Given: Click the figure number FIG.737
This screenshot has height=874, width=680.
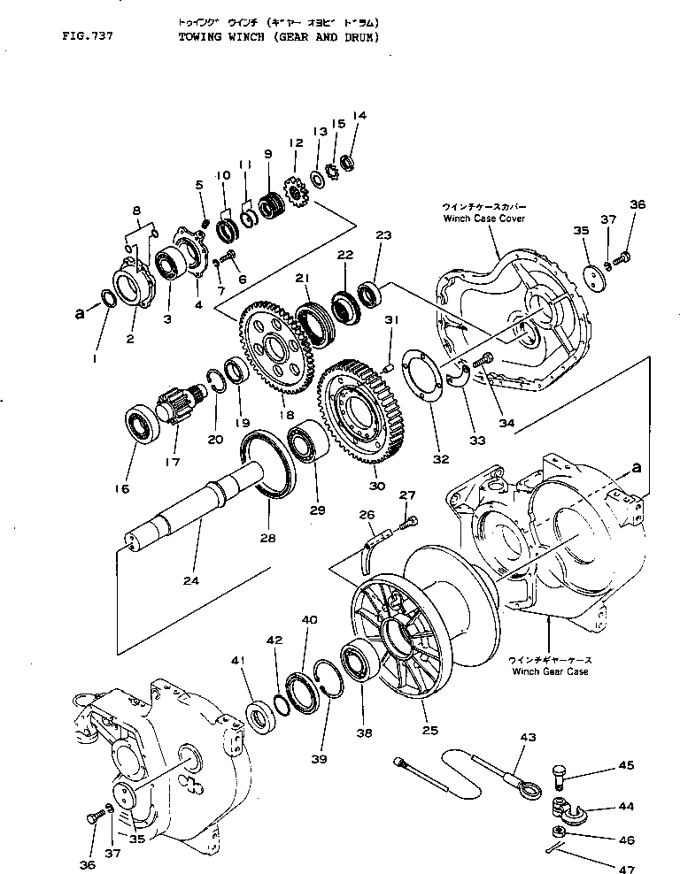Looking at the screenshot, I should pyautogui.click(x=88, y=37).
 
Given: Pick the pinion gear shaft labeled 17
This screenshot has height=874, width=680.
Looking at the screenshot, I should pyautogui.click(x=176, y=411).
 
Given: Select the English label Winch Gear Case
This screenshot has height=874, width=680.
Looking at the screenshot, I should pyautogui.click(x=550, y=671).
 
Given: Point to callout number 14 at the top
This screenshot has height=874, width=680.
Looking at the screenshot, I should pyautogui.click(x=359, y=115).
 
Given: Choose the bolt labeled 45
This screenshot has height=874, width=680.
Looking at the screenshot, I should pyautogui.click(x=561, y=776).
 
